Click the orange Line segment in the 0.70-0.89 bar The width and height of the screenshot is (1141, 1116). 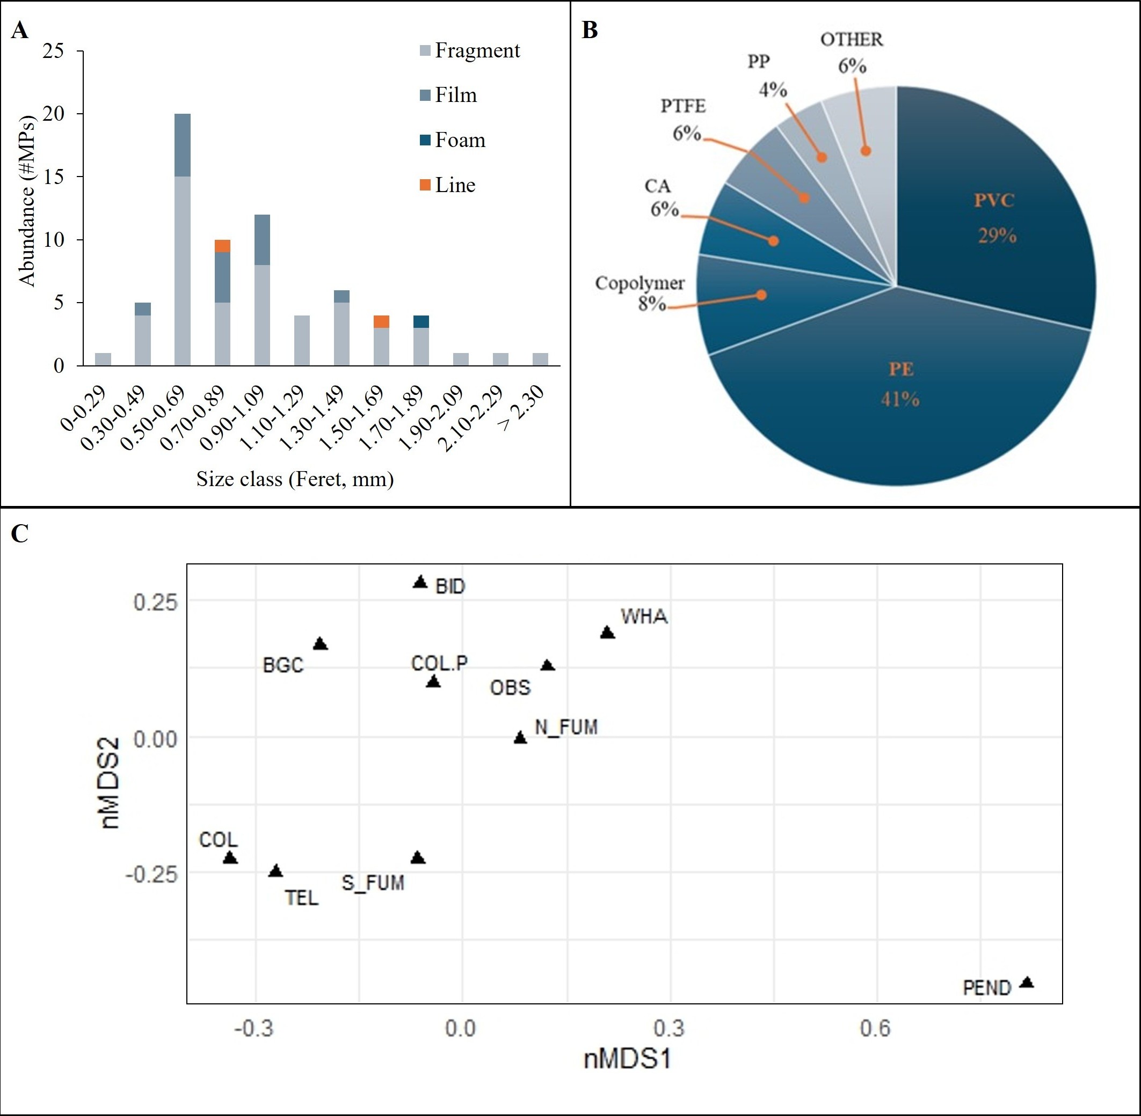[x=222, y=246]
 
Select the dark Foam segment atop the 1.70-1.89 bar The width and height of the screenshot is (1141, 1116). [x=421, y=322]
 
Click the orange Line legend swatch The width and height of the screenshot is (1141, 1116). [x=425, y=185]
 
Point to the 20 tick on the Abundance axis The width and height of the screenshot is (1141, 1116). [x=53, y=114]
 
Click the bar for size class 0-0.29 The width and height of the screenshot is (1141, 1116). [x=103, y=359]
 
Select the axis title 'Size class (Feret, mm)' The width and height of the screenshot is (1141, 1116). [x=294, y=480]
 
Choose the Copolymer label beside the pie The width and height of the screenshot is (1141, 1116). [x=639, y=284]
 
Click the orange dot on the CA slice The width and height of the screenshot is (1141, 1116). [x=773, y=241]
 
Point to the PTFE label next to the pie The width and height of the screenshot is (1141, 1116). [x=683, y=106]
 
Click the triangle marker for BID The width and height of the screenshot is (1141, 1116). [x=420, y=582]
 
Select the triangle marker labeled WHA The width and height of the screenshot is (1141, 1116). [x=607, y=633]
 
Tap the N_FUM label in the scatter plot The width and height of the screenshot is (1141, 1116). [x=566, y=728]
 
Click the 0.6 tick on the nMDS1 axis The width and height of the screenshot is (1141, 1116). [x=875, y=1029]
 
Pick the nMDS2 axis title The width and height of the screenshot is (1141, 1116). [x=111, y=782]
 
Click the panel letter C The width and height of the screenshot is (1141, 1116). [x=19, y=534]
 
